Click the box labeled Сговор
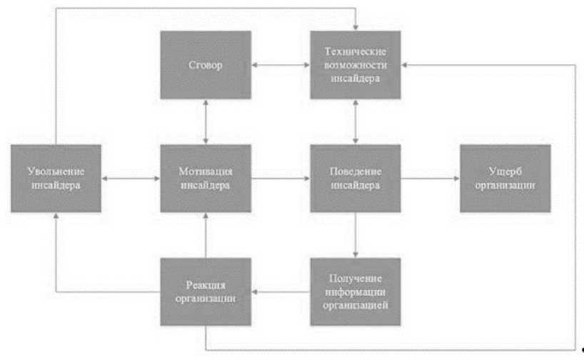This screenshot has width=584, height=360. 206,65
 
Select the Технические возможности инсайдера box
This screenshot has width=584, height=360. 355,65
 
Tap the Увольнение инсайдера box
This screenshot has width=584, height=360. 56,178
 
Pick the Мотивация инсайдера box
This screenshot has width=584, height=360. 206,178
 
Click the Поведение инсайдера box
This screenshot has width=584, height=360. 355,178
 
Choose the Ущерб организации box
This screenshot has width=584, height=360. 505,178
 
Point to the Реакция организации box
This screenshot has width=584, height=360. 206,292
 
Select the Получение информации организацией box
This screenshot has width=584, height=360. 355,292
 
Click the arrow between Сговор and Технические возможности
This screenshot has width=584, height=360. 281,65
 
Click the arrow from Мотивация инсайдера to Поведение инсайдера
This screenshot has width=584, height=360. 281,178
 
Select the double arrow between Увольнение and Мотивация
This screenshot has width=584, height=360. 131,178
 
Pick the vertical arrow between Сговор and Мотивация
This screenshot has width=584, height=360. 206,121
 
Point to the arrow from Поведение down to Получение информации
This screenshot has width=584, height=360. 355,235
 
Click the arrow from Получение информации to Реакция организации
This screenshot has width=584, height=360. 281,292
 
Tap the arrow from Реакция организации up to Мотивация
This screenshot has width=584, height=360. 206,235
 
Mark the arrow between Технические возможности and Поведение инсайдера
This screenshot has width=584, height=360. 355,121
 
